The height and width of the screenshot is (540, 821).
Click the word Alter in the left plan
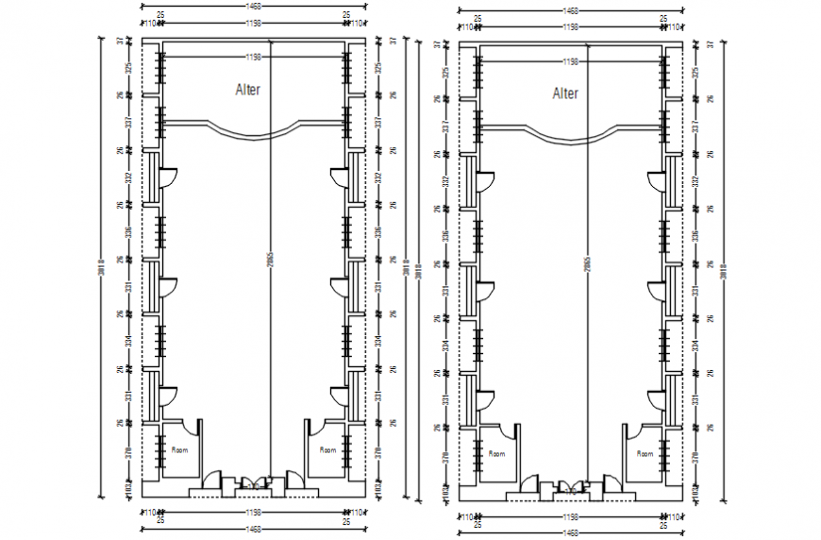pos(247,91)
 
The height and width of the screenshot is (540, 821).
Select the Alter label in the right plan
pos(565,93)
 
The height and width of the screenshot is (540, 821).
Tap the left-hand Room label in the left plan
pos(179,450)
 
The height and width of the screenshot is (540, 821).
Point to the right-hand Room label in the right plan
pos(645,454)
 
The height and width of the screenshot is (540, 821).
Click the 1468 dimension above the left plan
pos(252,7)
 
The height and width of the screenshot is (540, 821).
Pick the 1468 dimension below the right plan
pos(571,533)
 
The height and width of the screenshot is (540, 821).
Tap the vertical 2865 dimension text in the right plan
pos(586,264)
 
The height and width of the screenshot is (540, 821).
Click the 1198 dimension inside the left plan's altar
pos(252,58)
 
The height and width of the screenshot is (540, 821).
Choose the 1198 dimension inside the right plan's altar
pos(570,61)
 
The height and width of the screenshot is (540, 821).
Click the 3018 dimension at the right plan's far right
pos(723,271)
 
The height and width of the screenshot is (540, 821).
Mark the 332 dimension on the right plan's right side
pos(695,180)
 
